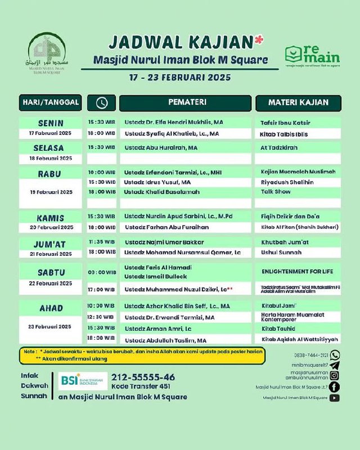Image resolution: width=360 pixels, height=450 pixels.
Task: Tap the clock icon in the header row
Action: pyautogui.click(x=102, y=103)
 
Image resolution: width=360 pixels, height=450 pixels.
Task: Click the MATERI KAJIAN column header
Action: pyautogui.click(x=298, y=102)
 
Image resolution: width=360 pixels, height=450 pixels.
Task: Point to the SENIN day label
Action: pyautogui.click(x=51, y=123)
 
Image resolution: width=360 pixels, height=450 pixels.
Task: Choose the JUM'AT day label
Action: pyautogui.click(x=51, y=244)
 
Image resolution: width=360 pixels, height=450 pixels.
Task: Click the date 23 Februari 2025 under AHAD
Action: pyautogui.click(x=51, y=326)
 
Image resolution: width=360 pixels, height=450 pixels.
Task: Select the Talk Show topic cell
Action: pyautogui.click(x=276, y=192)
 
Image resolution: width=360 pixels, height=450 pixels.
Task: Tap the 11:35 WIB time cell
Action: pyautogui.click(x=101, y=241)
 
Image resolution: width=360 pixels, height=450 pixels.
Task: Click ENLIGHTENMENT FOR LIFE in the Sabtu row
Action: pyautogui.click(x=297, y=271)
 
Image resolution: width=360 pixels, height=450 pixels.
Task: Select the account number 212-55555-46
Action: pyautogui.click(x=143, y=377)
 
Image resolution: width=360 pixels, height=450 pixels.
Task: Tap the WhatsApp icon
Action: pyautogui.click(x=335, y=355)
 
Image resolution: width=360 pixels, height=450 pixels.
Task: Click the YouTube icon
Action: pyautogui.click(x=335, y=398)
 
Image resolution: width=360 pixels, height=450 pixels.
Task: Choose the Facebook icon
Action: pyautogui.click(x=335, y=386)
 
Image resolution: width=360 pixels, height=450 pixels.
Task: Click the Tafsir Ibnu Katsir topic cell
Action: pyautogui.click(x=286, y=122)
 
